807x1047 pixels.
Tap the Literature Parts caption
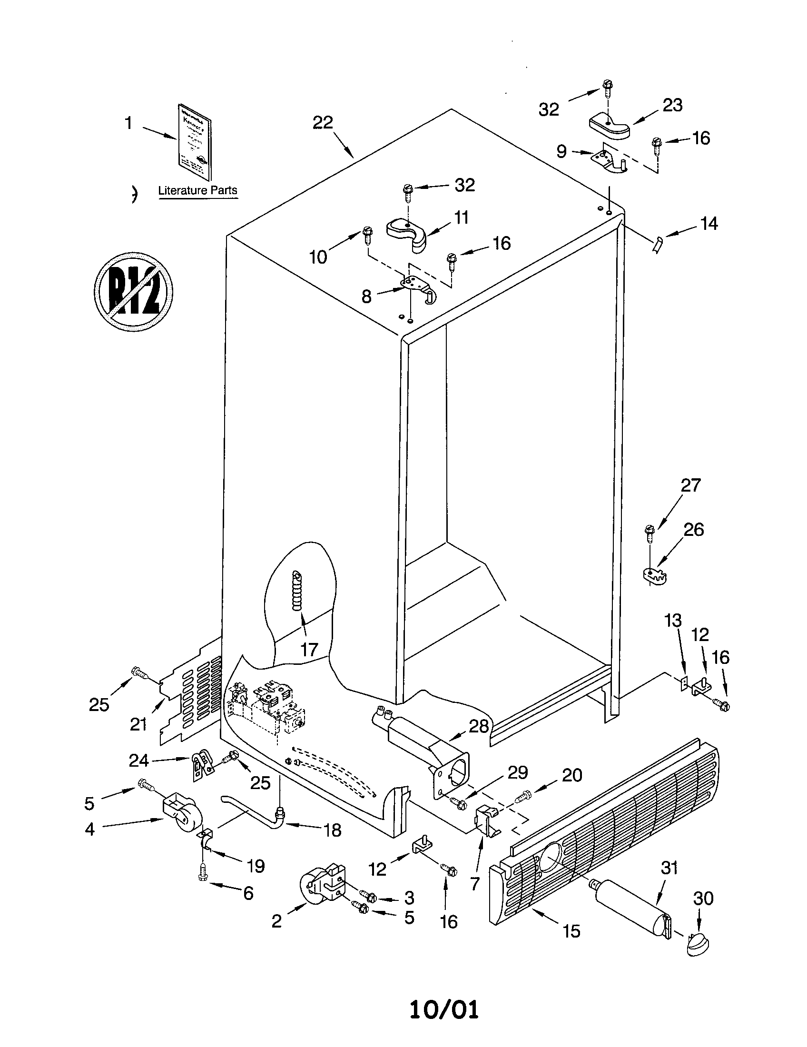click(197, 190)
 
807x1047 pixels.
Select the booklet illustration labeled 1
click(194, 142)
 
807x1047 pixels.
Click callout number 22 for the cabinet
click(323, 123)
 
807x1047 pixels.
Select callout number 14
click(709, 224)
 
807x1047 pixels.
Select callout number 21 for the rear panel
click(138, 724)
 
